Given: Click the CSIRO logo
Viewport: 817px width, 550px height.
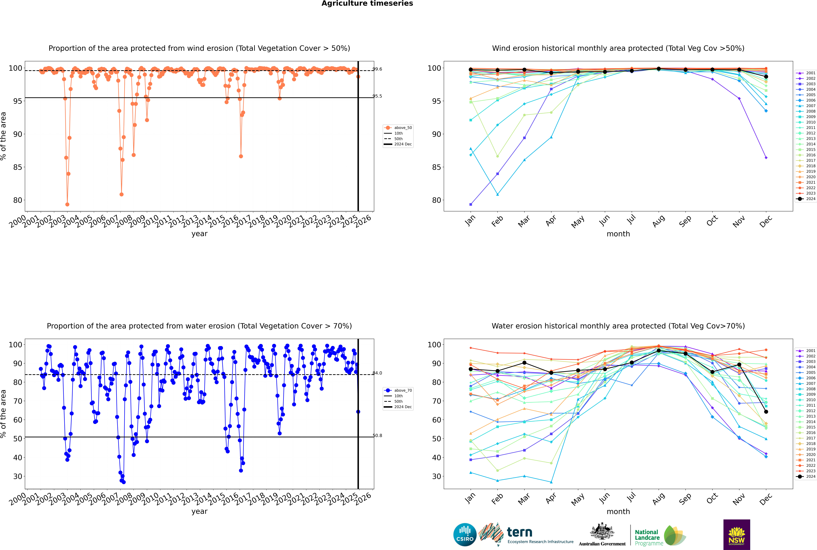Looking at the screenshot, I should tap(465, 535).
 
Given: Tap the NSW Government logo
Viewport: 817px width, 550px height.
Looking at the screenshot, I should tap(737, 534).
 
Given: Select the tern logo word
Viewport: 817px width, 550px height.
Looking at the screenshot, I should tap(520, 533).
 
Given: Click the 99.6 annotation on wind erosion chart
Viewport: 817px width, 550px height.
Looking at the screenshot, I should tap(377, 69).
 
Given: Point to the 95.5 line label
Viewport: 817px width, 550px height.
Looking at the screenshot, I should tap(377, 96).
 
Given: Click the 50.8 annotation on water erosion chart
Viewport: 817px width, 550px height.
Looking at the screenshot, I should tap(377, 436).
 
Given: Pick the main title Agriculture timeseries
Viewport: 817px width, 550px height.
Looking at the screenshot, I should tap(367, 3).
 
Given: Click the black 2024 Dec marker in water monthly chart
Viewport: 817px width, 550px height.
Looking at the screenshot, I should tap(766, 412).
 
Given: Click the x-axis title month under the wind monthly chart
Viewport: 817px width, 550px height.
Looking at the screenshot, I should tap(618, 234).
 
